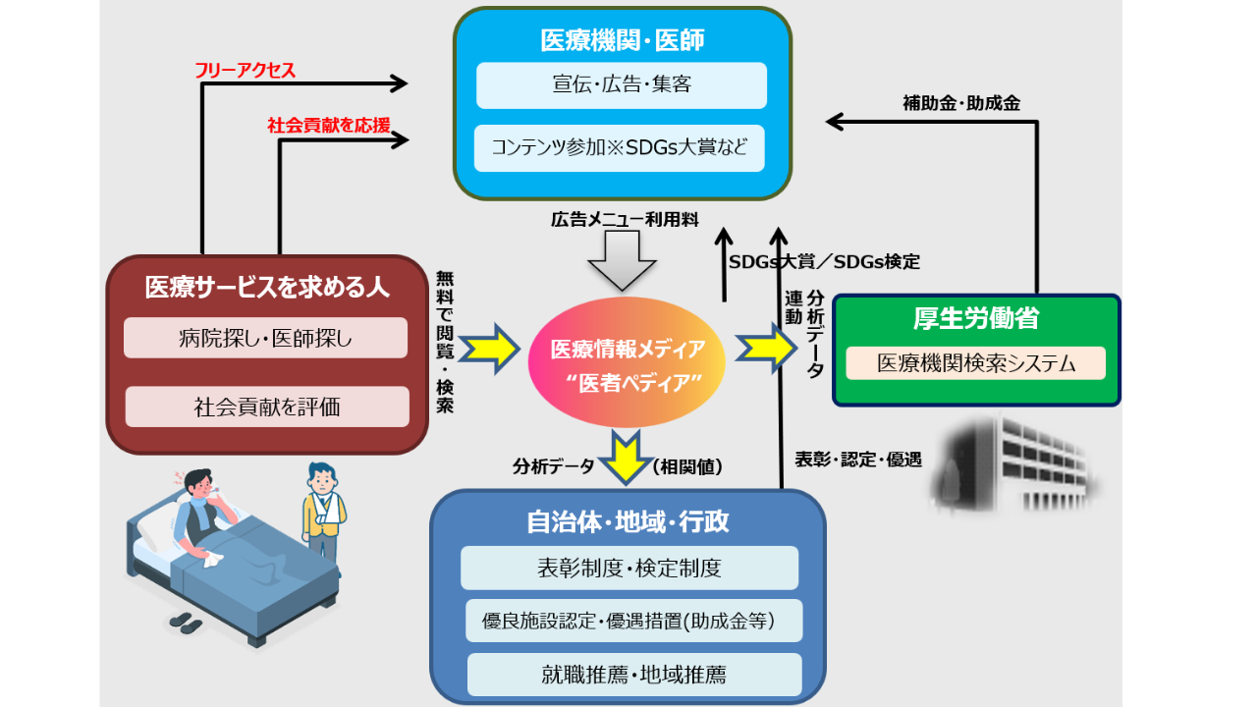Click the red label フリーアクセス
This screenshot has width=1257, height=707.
245,70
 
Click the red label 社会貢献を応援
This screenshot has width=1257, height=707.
328,126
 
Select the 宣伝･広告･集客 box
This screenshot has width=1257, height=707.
621,85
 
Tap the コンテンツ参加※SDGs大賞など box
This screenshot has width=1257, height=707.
619,148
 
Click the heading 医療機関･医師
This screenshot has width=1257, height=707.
623,39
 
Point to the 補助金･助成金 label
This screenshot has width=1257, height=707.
960,103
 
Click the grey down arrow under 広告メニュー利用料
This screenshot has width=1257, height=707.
621,262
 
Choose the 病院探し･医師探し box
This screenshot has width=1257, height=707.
265,338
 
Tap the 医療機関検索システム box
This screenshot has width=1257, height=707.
975,363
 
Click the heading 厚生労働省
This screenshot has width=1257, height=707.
975,319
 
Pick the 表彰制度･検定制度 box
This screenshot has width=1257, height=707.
628,568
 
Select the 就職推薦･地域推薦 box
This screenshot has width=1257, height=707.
633,675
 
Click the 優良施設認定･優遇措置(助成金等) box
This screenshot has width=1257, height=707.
633,621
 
